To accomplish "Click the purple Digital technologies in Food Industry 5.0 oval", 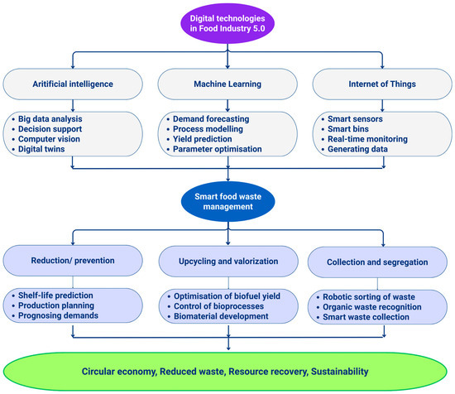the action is pyautogui.click(x=227, y=23).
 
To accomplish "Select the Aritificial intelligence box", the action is pyautogui.click(x=73, y=84).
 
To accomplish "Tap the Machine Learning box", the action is pyautogui.click(x=227, y=84).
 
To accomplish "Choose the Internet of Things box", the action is pyautogui.click(x=382, y=84).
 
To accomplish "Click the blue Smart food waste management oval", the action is pyautogui.click(x=227, y=201).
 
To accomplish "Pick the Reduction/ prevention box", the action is pyautogui.click(x=73, y=261).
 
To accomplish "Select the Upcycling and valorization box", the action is pyautogui.click(x=228, y=262).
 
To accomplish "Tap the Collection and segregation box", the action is pyautogui.click(x=377, y=262).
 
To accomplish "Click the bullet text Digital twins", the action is pyautogui.click(x=41, y=149).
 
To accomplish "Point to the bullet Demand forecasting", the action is pyautogui.click(x=211, y=118).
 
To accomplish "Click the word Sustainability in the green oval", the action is pyautogui.click(x=340, y=372).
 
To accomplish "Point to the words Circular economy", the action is pyautogui.click(x=119, y=372).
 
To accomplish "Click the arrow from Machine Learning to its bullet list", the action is pyautogui.click(x=227, y=106).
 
